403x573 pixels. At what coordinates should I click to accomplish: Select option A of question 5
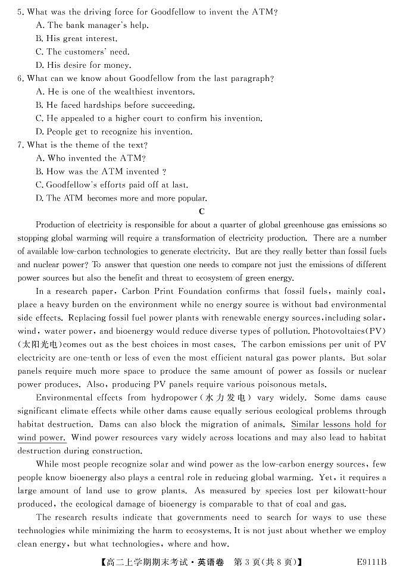[x=92, y=25]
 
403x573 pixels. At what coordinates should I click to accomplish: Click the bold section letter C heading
[x=202, y=211]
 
